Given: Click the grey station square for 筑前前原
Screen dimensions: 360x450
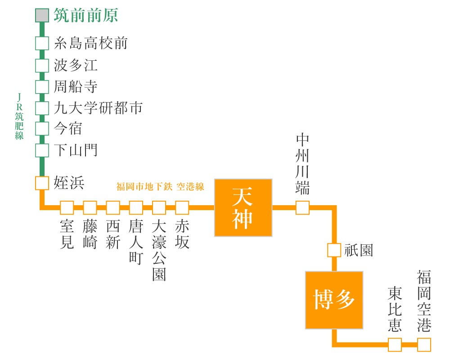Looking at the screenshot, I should click(42, 15).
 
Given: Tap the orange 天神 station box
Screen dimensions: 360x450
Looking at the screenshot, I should click(243, 208).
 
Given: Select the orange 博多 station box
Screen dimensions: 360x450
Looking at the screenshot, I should click(334, 300).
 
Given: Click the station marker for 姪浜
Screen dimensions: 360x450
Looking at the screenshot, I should click(42, 183).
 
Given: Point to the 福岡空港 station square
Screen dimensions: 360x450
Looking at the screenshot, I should click(424, 345).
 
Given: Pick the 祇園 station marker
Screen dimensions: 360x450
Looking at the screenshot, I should click(334, 250).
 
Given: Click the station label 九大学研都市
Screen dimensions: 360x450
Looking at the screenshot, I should click(98, 108).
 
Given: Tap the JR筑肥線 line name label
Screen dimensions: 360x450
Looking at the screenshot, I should click(19, 116).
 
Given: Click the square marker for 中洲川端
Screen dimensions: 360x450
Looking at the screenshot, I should click(302, 207).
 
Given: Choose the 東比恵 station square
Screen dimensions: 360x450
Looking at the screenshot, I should click(395, 345).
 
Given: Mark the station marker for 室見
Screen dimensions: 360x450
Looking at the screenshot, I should click(67, 207).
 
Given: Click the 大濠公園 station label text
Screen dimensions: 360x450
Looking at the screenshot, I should click(159, 250).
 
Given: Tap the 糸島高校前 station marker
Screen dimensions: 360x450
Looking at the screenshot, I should click(42, 44).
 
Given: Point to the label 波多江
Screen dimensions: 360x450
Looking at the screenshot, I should click(76, 65).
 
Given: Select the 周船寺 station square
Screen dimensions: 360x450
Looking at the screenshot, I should click(42, 86).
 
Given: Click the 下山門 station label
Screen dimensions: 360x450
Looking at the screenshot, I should click(76, 150).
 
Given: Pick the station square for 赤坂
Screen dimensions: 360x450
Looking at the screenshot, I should click(182, 207).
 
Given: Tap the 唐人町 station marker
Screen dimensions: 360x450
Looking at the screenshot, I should click(136, 207).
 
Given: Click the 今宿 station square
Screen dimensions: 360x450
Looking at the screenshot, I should click(42, 129).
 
